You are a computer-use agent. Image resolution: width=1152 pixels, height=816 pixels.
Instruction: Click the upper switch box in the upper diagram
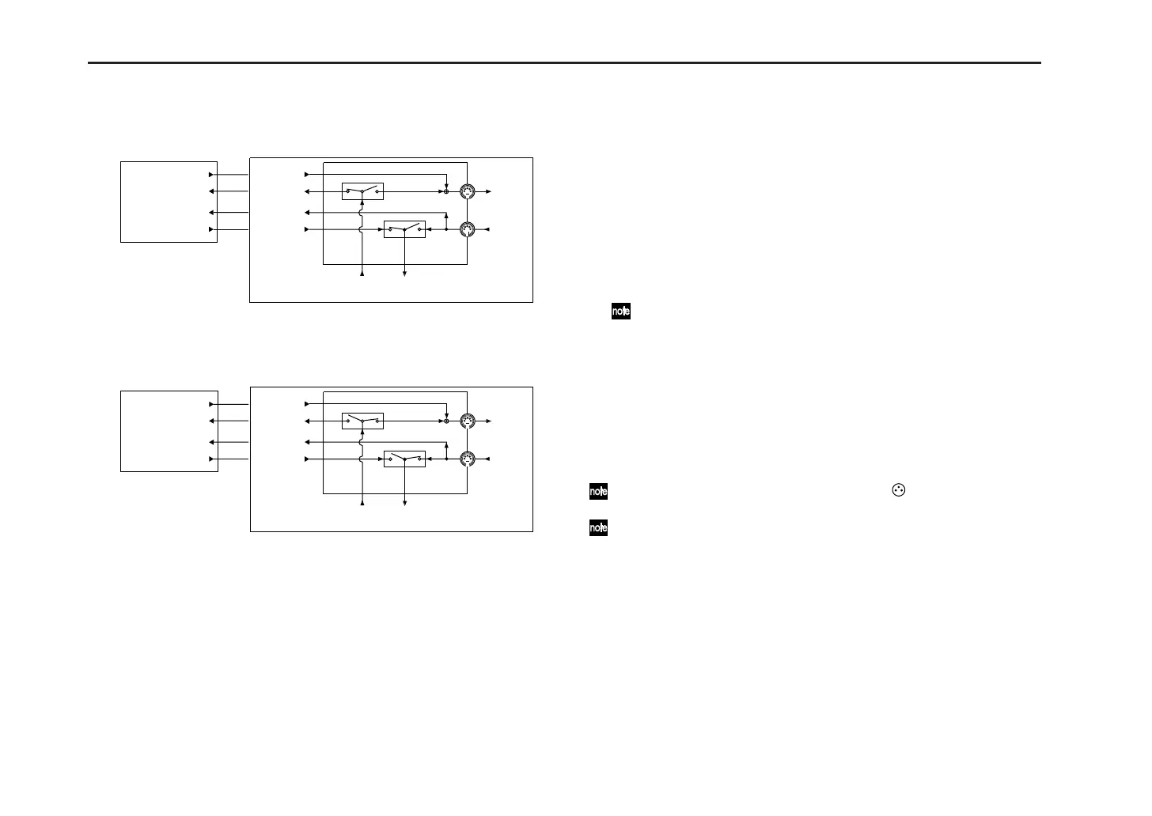(362, 191)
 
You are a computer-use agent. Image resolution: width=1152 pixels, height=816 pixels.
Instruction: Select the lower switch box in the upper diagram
(404, 229)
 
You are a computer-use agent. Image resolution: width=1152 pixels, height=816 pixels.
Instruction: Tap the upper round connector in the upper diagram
(468, 191)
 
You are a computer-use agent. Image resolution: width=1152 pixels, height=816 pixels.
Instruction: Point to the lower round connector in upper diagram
(468, 229)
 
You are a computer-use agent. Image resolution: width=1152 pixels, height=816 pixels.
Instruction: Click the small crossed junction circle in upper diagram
(446, 191)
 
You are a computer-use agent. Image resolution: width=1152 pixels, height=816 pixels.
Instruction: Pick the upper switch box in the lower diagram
(362, 421)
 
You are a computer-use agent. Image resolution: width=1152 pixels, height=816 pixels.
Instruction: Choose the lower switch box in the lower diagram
(404, 459)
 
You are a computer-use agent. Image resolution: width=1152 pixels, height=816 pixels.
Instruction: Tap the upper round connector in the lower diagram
(468, 421)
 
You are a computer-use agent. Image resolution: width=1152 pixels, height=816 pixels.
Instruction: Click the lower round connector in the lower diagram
(468, 459)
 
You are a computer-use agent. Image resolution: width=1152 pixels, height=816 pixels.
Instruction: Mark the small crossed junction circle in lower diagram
(446, 421)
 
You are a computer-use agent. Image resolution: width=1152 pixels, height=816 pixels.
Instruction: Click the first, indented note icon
(621, 312)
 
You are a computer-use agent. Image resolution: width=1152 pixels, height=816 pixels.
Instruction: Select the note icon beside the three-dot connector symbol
(598, 491)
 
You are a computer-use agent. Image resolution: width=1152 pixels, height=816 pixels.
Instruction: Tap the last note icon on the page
(598, 527)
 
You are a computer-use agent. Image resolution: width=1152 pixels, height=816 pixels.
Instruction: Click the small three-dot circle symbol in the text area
(897, 490)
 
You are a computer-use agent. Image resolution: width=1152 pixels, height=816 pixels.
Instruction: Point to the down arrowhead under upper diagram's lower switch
(405, 274)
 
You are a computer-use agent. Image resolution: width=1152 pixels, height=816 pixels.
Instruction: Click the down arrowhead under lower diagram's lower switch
(405, 503)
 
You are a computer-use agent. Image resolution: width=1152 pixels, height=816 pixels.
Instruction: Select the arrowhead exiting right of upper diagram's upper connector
(488, 191)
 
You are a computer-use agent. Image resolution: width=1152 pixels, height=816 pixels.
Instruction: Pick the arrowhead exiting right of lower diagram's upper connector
(488, 421)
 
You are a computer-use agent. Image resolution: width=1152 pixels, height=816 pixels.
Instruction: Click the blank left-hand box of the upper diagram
(169, 202)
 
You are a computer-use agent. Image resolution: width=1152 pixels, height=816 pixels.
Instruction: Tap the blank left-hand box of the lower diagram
(169, 431)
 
